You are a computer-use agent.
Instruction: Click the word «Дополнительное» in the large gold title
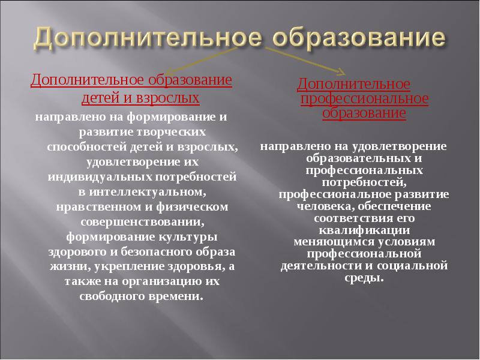click(146, 38)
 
